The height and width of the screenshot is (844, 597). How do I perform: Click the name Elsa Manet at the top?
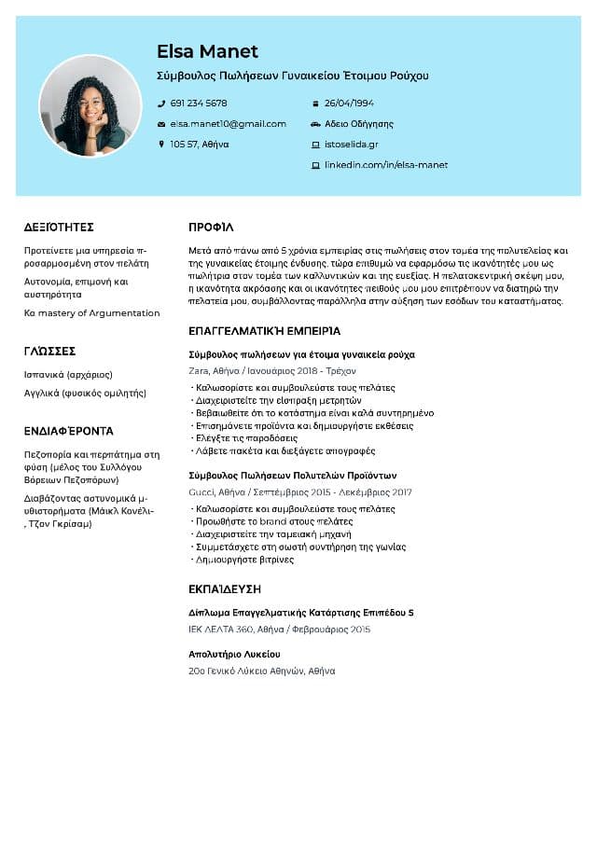207,51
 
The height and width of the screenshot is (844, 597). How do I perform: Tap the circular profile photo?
90,105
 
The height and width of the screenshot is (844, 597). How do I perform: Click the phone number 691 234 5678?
199,104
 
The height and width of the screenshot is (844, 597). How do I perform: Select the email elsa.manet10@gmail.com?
228,124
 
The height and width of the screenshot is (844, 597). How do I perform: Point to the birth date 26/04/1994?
349,104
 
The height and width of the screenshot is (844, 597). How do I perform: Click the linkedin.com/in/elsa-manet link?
385,165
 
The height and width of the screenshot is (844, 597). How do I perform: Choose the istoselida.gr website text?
351,145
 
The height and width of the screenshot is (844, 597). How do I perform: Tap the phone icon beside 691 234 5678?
161,104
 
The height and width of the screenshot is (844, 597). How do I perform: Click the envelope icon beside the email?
161,124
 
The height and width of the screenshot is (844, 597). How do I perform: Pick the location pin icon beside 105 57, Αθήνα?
161,145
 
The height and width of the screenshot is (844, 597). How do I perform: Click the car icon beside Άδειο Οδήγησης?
315,124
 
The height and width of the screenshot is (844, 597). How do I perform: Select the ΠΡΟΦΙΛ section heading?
211,228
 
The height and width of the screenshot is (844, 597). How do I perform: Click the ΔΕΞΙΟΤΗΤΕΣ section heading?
59,228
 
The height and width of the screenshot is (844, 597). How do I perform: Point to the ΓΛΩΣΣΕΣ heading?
49,352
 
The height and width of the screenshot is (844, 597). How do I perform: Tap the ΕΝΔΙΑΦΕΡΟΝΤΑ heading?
68,432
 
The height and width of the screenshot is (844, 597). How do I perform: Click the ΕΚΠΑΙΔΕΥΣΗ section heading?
225,589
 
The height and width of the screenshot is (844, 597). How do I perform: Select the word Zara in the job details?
199,370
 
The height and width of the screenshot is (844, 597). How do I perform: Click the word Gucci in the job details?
201,492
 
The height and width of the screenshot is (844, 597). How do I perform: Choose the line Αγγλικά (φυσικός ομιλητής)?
85,394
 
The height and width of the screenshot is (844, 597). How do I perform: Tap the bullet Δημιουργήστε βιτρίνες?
243,560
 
